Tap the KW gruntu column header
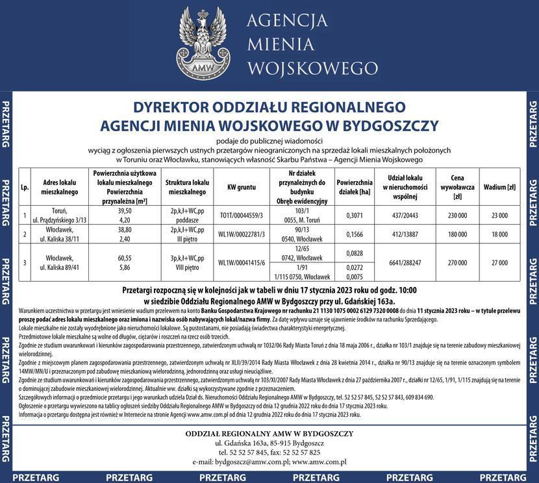241,188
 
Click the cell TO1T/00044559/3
241,216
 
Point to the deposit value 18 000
499,234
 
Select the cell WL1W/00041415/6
241,262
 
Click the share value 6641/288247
405,262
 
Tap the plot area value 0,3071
354,216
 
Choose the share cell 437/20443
405,216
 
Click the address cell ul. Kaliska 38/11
59,239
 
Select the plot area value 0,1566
354,234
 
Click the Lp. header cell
25,188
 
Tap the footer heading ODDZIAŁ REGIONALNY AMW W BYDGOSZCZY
269,433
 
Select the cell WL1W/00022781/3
241,234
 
